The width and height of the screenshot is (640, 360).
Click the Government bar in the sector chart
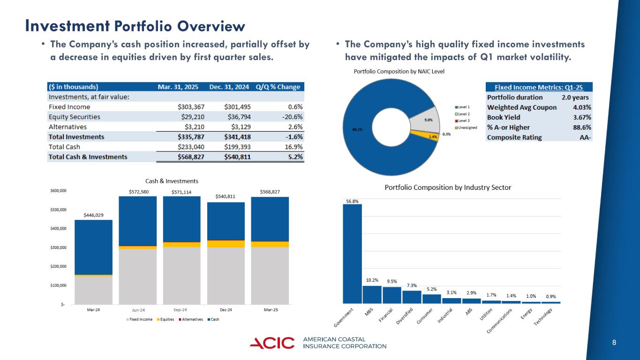352,253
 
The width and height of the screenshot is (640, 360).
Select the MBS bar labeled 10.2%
372,294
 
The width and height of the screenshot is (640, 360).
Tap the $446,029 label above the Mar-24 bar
93,215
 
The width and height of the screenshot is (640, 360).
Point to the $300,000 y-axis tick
59,247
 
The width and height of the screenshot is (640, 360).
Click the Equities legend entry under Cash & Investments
165,319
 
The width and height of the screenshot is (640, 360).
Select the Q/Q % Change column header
278,87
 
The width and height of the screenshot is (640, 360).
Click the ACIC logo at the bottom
272,343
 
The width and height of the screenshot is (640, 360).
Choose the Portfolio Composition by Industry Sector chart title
448,187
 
